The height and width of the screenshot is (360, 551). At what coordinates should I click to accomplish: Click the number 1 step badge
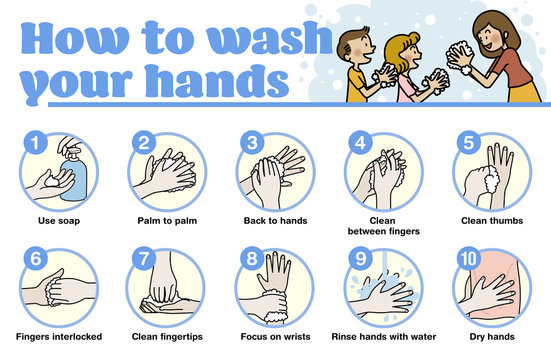coord(36,143)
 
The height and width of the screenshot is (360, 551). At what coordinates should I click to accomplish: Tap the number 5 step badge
coord(468,143)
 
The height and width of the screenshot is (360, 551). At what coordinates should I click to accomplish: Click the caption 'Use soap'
coord(58,220)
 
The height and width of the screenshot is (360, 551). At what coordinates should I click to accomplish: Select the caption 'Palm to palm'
coord(166,220)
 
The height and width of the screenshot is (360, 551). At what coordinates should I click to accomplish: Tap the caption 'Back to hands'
coord(274,220)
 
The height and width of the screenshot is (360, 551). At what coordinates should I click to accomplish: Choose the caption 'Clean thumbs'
coord(491,220)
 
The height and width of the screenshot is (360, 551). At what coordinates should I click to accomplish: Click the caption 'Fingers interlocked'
coord(58,336)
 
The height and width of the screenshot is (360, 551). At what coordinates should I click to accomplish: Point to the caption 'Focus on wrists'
coord(274,336)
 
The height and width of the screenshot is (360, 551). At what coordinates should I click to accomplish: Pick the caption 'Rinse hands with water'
coord(383,336)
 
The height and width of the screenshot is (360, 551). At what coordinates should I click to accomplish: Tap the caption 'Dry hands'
coord(491,336)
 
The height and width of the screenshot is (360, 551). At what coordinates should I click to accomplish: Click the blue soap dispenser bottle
coord(76,177)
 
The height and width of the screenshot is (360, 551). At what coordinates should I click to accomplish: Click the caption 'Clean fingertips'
coord(166,336)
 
